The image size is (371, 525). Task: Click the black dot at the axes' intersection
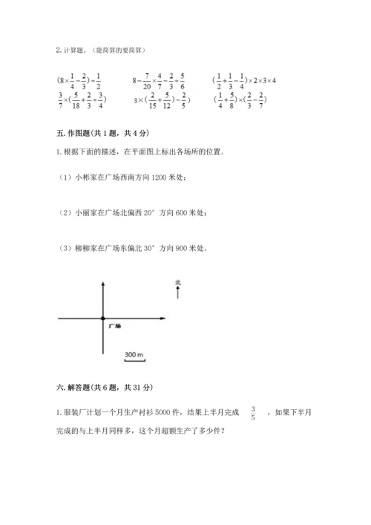point(103,319)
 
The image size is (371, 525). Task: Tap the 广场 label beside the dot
point(115,326)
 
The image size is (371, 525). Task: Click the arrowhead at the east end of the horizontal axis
point(161,319)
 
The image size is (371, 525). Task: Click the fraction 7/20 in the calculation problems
point(149,80)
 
